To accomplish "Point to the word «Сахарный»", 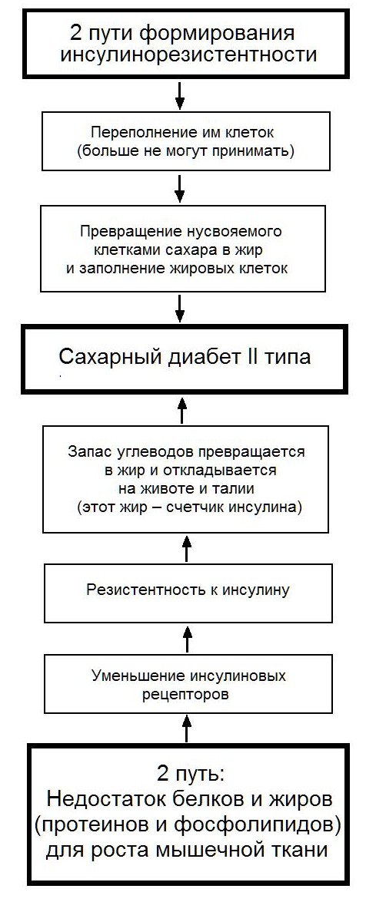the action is coord(105,357).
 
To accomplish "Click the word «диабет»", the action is coord(195,357).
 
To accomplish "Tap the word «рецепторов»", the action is coord(186,694).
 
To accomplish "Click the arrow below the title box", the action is coord(180,95).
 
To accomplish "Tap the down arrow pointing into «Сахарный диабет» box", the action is coord(180,309).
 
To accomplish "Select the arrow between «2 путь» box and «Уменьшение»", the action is coord(187,727).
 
